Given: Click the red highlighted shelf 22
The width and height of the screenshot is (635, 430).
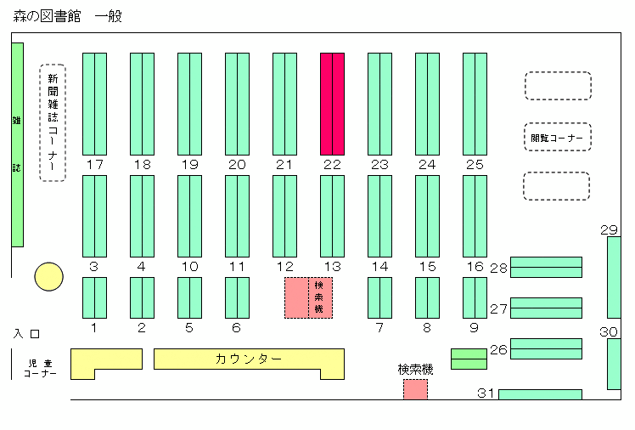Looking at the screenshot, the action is point(333,105).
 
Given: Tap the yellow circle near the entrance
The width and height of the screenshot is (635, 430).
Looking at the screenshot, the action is point(48,277).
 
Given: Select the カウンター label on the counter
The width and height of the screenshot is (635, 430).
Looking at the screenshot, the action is point(248,359).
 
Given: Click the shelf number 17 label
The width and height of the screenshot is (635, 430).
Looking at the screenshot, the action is point(95,165).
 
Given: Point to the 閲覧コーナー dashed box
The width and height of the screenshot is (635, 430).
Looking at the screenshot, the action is point(558,137).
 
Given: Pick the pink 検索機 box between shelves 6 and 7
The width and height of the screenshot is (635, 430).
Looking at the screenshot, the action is point(309,298).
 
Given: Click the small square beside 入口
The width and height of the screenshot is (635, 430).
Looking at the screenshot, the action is point(36,334).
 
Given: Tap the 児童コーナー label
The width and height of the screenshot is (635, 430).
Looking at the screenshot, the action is point(40,368).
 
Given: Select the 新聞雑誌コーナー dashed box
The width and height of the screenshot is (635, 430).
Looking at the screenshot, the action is point(53,122).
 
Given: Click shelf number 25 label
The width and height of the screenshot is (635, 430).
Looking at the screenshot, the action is point(475,165).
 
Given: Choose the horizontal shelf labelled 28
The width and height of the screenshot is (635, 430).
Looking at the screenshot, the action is point(546,267).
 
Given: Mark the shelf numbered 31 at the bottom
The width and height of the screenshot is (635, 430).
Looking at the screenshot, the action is point(540,394).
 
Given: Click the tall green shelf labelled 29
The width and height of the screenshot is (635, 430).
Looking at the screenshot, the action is point(614,278).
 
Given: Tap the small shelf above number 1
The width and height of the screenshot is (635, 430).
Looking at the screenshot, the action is point(95,298).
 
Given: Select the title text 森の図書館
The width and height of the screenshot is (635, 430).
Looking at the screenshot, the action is point(47,16).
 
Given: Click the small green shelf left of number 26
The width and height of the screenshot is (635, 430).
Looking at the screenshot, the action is point(469,359).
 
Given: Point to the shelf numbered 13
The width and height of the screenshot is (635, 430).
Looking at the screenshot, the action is point(333,216).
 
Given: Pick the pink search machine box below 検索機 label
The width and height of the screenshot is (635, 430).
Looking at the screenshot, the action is point(415,389).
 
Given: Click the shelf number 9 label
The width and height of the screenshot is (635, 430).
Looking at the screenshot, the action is point(475,327).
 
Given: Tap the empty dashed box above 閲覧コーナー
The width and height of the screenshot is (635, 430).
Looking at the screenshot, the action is point(558,86).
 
